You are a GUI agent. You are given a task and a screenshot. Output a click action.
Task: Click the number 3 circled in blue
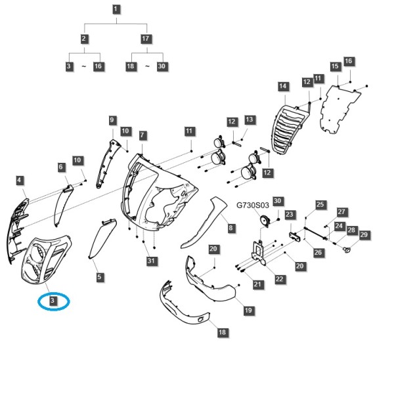pyautogui.click(x=53, y=301)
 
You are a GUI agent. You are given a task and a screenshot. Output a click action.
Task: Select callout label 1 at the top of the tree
pyautogui.click(x=116, y=10)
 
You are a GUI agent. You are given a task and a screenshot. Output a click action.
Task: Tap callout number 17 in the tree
pyautogui.click(x=146, y=39)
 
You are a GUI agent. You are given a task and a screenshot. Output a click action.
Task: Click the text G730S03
pyautogui.click(x=253, y=206)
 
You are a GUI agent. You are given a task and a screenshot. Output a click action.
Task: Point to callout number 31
pyautogui.click(x=151, y=261)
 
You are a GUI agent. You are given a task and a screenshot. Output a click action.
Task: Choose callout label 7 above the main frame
pyautogui.click(x=142, y=135)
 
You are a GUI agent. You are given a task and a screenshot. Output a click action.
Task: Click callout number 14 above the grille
pyautogui.click(x=283, y=86)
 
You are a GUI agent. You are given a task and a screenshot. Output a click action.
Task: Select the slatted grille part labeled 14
pyautogui.click(x=290, y=129)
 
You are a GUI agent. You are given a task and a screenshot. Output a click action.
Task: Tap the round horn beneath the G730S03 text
pyautogui.click(x=265, y=221)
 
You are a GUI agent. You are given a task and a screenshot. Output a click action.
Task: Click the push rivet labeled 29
pyautogui.click(x=347, y=250)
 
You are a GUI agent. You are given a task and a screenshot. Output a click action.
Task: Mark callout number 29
pyautogui.click(x=364, y=235)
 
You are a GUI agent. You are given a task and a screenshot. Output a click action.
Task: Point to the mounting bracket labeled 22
pyautogui.click(x=258, y=253)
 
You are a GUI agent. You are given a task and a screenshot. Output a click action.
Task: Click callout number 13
pyautogui.click(x=250, y=120)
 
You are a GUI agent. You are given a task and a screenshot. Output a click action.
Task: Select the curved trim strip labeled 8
pyautogui.click(x=204, y=223)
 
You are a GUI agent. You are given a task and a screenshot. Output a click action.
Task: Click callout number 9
pyautogui.click(x=112, y=120)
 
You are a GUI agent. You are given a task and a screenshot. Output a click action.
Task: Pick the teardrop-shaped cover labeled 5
pyautogui.click(x=102, y=238)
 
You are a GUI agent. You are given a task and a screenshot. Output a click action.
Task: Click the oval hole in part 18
pyautogui.click(x=202, y=319)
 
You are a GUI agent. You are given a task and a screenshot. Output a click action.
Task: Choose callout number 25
pyautogui.click(x=320, y=204)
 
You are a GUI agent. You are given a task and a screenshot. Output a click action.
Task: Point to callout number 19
pyautogui.click(x=248, y=310)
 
